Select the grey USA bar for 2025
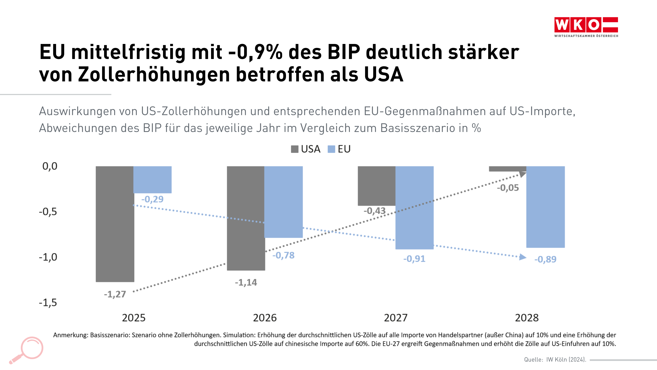[115, 224]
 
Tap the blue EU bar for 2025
[152, 179]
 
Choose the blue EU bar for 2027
[415, 207]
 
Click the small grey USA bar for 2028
[507, 169]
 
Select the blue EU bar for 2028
[545, 207]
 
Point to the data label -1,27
[115, 294]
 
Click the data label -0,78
[283, 255]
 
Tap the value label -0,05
[508, 188]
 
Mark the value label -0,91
[414, 259]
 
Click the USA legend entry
[306, 149]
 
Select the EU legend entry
[339, 149]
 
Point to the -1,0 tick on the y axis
[48, 257]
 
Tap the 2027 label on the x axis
[396, 318]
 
